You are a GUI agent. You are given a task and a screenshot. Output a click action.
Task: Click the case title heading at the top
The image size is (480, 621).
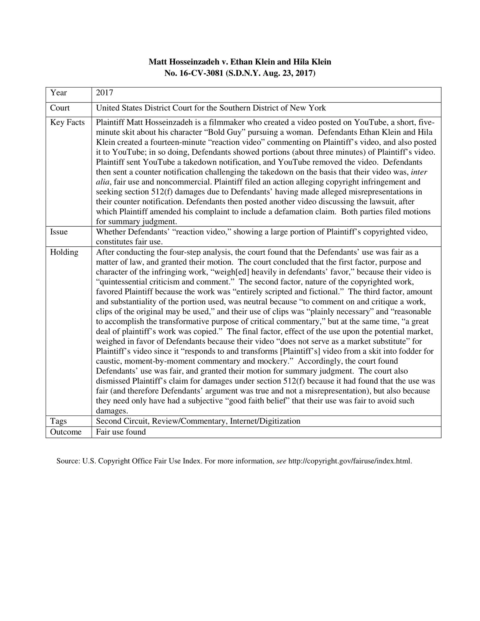[240, 62]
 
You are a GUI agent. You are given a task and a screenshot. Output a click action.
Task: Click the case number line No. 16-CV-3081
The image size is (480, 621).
[240, 73]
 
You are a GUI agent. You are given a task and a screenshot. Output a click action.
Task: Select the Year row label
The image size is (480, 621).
[58, 93]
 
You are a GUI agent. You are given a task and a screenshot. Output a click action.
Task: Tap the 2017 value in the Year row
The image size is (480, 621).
[105, 93]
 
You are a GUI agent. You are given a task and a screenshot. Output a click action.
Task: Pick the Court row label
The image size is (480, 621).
[60, 108]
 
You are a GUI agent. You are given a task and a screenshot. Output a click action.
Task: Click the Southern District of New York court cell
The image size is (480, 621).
[211, 108]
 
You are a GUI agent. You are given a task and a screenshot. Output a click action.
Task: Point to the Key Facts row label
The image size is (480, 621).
[67, 122]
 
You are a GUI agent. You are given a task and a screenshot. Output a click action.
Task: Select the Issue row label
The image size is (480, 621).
[59, 232]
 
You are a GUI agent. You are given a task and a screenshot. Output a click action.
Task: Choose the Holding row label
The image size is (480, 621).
[64, 252]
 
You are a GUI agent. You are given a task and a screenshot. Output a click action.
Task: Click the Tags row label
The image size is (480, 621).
[58, 421]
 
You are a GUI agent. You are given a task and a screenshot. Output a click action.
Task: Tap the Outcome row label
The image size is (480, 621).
[66, 432]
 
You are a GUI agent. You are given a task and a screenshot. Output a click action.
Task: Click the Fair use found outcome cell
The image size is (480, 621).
[121, 432]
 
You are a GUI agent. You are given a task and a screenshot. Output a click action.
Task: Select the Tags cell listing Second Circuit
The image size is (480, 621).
[198, 421]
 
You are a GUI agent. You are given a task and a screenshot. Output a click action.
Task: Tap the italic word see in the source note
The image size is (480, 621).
[282, 461]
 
